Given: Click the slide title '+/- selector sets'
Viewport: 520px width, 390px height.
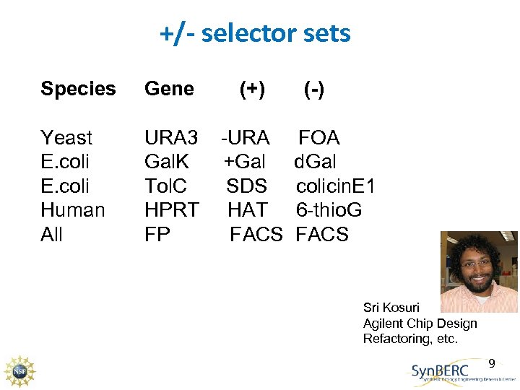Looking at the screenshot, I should tap(255, 33).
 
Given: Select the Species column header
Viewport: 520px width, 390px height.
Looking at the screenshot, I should tap(78, 89).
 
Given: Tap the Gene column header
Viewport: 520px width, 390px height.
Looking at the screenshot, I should tap(169, 89).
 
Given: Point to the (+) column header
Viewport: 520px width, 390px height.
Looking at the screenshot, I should tap(252, 89).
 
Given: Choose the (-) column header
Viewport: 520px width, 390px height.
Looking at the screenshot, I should tap(313, 89).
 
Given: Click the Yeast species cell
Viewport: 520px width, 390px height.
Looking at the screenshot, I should tap(66, 138).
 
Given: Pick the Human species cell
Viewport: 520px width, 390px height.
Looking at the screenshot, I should tap(73, 210).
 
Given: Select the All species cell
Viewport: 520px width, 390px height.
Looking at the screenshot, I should tap(52, 235).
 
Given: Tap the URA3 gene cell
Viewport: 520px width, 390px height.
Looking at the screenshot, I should tap(171, 138).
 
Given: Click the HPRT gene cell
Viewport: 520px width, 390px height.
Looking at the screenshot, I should tap(171, 210).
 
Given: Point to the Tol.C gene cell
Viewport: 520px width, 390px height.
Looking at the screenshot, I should tap(166, 186).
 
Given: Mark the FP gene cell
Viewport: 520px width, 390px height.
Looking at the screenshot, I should tap(157, 235).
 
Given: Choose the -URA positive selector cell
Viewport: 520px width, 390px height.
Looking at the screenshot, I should tap(246, 138).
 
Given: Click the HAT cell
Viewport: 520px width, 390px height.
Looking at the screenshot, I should tap(248, 210).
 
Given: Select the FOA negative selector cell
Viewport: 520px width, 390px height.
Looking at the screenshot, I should tap(319, 138).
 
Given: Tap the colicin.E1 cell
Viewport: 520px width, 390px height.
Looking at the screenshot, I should tap(335, 186).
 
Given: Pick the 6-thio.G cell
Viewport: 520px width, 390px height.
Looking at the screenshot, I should tap(329, 210).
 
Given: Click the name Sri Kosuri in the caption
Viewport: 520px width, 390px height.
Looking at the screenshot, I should tap(391, 308).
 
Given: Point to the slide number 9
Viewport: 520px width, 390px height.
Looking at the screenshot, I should tap(492, 363).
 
